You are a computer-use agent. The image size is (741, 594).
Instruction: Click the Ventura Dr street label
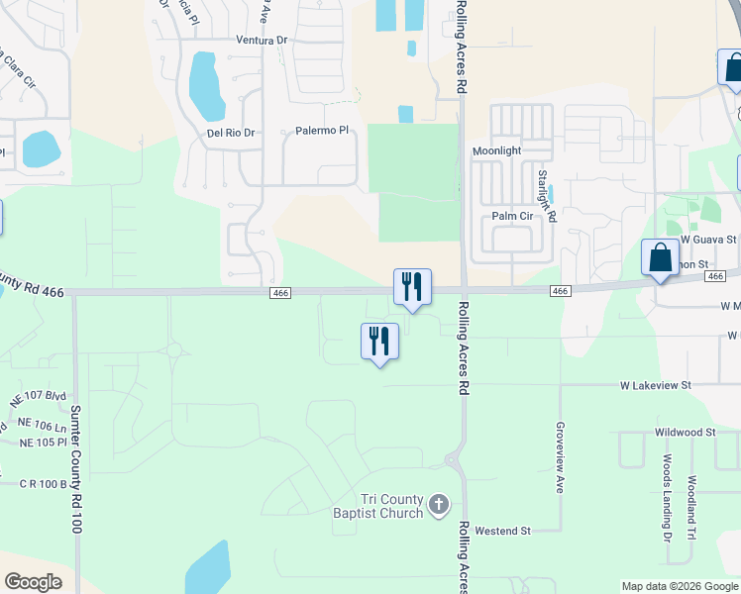tap(262, 41)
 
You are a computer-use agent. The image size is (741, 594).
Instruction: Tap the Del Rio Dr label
tap(231, 133)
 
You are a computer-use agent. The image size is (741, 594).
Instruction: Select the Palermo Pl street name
tap(323, 131)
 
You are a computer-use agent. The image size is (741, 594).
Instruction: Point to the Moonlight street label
tap(496, 150)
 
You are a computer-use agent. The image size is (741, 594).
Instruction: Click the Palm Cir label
tap(512, 216)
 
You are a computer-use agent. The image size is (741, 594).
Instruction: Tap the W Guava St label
tap(708, 240)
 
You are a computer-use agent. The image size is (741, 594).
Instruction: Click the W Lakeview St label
tap(655, 384)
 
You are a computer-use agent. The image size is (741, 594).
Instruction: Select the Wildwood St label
tap(685, 433)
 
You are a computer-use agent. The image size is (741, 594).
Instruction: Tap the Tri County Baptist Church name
tap(378, 506)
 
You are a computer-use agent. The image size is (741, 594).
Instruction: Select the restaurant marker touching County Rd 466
tap(412, 286)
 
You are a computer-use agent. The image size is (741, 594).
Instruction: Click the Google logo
tap(33, 582)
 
